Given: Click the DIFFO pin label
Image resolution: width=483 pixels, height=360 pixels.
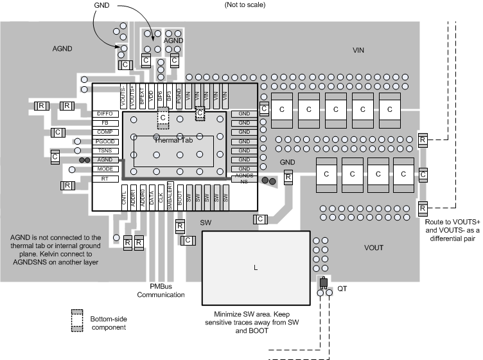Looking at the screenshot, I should point(105,114).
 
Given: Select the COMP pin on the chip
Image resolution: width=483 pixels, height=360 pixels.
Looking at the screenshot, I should point(105,132).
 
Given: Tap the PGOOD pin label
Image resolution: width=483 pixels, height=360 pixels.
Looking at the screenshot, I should point(105,141).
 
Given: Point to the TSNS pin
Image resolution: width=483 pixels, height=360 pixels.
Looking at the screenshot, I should point(105,150).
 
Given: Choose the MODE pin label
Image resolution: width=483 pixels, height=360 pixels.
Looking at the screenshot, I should point(105,168).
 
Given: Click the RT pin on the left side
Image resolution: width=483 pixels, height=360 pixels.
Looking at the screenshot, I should point(105,178).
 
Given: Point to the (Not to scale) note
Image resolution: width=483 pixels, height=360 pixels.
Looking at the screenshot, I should point(245,5).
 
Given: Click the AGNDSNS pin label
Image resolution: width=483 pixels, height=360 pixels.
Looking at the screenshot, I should point(244,178).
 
